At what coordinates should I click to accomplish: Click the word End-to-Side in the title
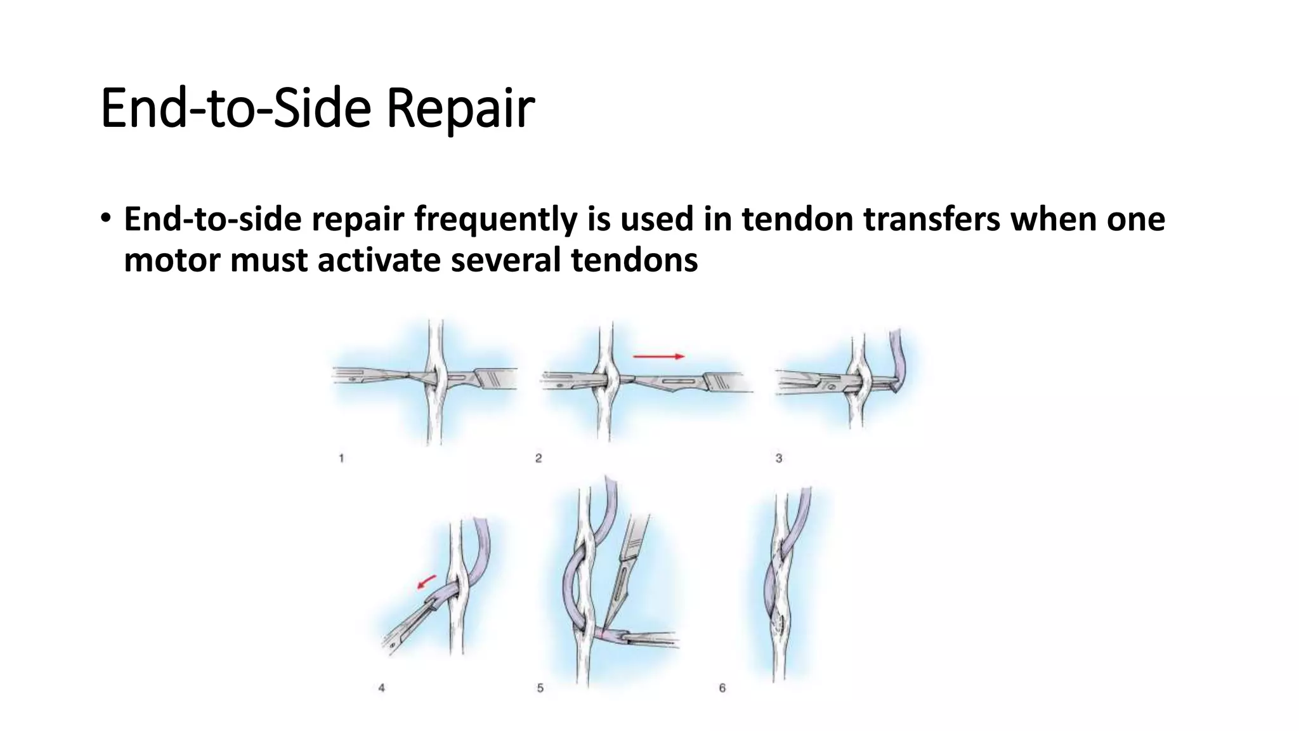click(x=235, y=108)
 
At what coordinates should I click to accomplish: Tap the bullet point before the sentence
click(x=105, y=218)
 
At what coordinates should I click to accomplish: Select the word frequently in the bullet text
click(x=495, y=220)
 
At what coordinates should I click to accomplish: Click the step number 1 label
click(x=341, y=458)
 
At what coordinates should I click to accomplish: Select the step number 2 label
click(x=539, y=458)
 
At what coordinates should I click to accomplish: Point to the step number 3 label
click(x=779, y=458)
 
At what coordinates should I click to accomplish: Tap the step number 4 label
click(x=381, y=688)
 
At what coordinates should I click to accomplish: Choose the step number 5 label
click(x=540, y=688)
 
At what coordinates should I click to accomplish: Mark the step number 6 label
click(x=722, y=688)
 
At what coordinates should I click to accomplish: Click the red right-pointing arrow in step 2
click(x=658, y=357)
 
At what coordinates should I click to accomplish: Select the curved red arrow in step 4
click(x=427, y=581)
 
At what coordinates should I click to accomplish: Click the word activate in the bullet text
click(x=379, y=260)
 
